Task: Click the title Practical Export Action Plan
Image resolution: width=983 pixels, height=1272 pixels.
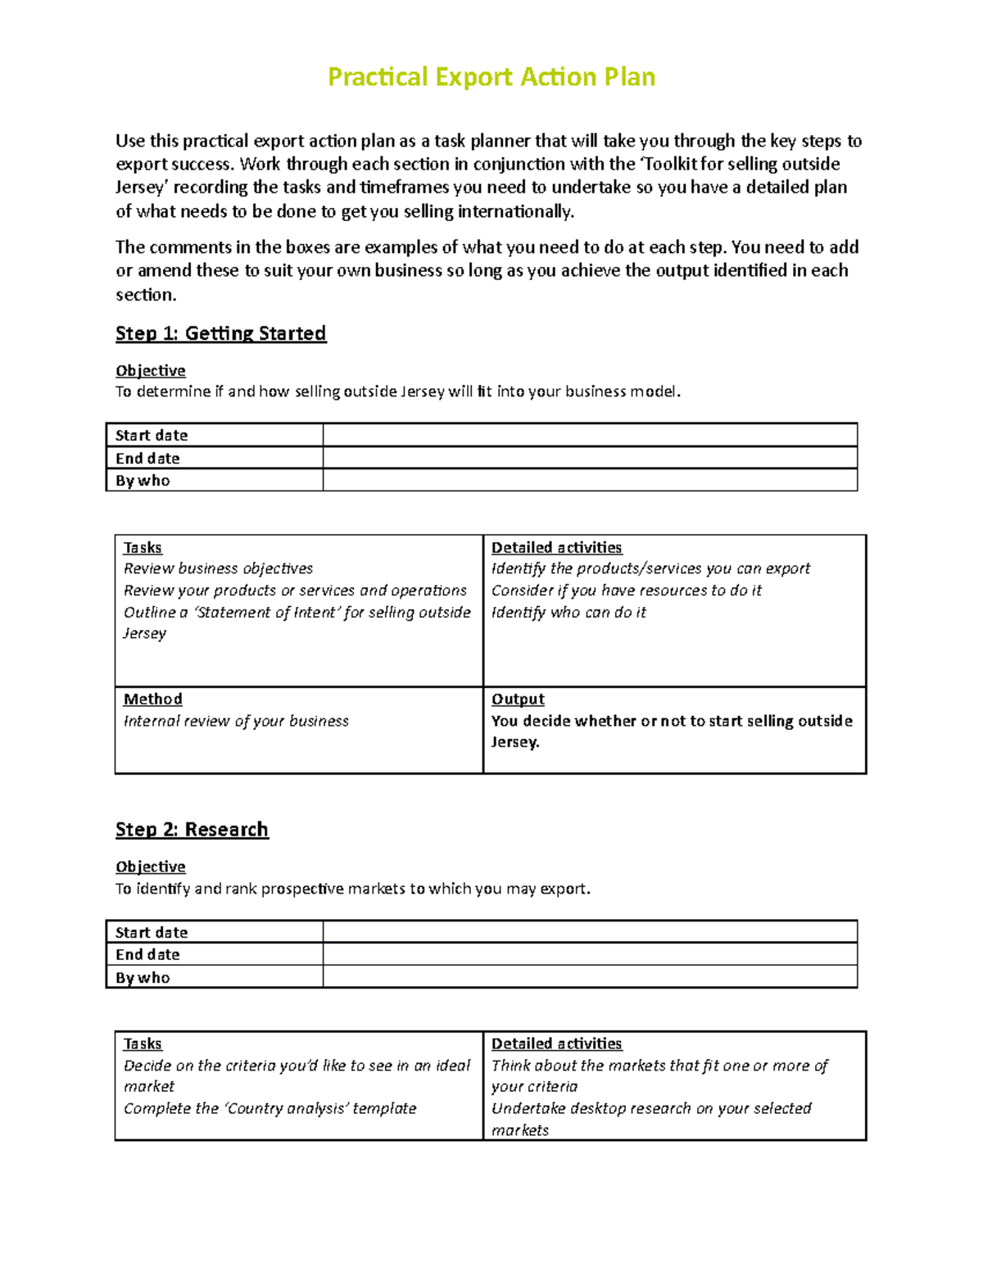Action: click(491, 77)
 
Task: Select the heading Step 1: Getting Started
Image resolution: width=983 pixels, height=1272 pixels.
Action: click(220, 333)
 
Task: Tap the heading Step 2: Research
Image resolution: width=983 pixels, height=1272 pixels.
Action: click(192, 830)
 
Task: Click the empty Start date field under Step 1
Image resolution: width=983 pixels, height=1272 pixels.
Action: click(590, 435)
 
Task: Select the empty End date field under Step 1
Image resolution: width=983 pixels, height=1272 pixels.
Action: click(590, 458)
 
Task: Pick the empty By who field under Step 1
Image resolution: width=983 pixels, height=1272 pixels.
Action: click(590, 480)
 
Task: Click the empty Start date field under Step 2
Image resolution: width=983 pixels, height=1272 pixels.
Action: click(590, 932)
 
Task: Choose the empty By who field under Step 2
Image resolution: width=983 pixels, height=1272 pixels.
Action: click(590, 977)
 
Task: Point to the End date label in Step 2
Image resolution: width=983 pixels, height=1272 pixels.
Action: click(147, 954)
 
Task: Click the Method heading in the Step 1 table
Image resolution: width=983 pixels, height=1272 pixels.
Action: click(152, 699)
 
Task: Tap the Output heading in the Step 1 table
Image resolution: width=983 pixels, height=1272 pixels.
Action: click(518, 699)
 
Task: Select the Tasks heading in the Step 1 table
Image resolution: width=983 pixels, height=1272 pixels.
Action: click(143, 548)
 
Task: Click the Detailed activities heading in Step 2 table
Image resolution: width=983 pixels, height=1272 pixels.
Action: click(556, 1043)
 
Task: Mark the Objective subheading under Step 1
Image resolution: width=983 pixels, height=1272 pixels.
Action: click(151, 371)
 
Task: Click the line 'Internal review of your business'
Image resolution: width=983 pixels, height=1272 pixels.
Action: click(236, 721)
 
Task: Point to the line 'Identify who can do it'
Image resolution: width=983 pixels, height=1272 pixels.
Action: click(569, 612)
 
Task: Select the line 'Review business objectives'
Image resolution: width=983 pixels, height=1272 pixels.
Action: click(218, 568)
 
